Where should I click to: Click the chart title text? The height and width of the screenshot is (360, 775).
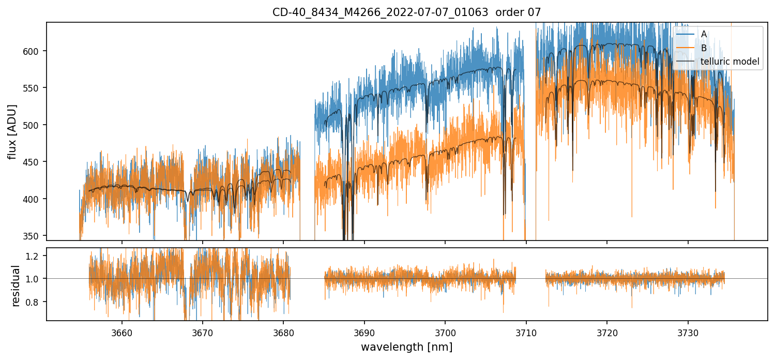(406, 12)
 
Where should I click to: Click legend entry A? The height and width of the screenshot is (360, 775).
(704, 34)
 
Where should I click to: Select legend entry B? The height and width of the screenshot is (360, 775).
(704, 48)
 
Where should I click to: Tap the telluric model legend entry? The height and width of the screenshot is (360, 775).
(730, 62)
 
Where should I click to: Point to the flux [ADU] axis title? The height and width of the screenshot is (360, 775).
(12, 131)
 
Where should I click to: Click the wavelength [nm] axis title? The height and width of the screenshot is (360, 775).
(406, 347)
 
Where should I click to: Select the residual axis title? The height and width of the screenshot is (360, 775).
(16, 286)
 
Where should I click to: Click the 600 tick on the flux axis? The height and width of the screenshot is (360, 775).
(33, 51)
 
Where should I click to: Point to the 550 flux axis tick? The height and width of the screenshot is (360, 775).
(33, 88)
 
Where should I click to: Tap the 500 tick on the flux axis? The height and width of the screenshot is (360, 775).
(33, 125)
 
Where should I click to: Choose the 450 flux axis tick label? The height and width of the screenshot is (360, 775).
(33, 162)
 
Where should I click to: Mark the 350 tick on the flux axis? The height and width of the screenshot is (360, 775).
(33, 236)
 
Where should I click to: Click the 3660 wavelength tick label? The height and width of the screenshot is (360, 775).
(122, 332)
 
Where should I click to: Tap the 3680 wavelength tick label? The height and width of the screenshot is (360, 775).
(283, 332)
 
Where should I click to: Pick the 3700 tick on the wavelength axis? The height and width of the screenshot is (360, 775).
(445, 332)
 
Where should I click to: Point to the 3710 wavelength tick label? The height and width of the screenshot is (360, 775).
(526, 332)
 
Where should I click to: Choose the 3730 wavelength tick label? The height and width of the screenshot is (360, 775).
(688, 332)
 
